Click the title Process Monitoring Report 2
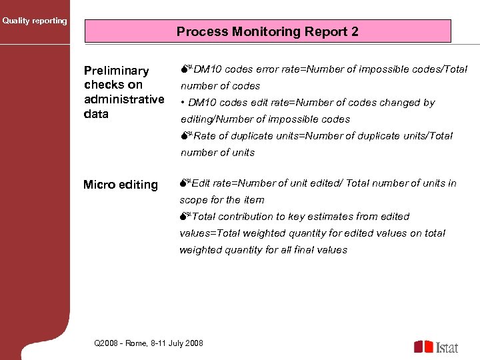pos(267,31)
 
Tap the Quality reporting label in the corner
pos(35,21)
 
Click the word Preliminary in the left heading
pos(116,71)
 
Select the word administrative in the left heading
pos(124,99)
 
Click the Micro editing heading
pos(120,185)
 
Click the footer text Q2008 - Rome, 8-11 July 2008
pos(149,343)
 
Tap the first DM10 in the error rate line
pos(205,69)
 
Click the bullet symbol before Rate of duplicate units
pos(185,136)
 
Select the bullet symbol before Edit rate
pos(185,183)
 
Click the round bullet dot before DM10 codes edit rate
pos(183,103)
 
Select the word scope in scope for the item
pos(193,200)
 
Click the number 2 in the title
pos(355,31)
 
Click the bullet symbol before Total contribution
pos(185,217)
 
